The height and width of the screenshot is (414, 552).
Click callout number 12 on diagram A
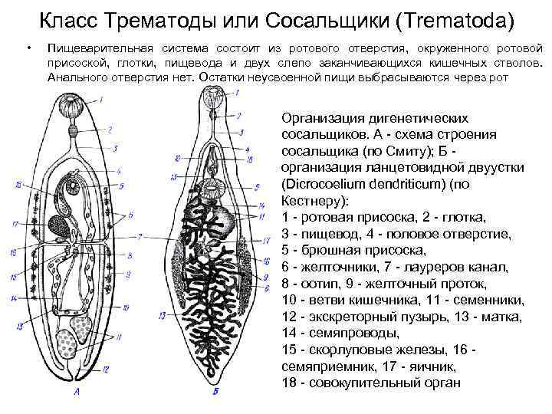[x=107, y=370]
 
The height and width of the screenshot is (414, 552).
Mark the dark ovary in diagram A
[x=58, y=224]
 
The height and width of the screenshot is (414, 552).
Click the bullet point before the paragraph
[x=28, y=48]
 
